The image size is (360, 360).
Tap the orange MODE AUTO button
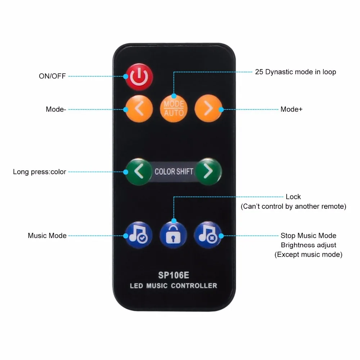coord(174,108)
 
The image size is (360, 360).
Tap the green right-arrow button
coord(208,172)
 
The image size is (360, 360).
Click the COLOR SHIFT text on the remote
coord(174,172)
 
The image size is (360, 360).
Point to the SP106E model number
coord(174,275)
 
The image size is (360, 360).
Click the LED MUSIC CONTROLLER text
coord(174,286)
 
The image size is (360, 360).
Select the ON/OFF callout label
coord(52,76)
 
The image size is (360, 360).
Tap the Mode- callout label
coord(56,109)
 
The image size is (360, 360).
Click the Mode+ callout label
coord(291,109)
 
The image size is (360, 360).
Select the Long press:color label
coord(40,172)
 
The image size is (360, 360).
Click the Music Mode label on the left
coord(47,236)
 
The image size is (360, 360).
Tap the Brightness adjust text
coord(309,245)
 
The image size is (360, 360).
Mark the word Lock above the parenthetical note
coord(293,197)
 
